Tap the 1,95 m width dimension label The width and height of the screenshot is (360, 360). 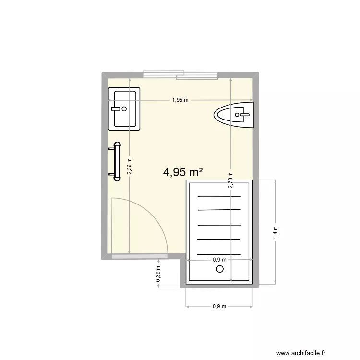tap(180, 100)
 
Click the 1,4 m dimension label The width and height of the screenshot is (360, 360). tap(275, 232)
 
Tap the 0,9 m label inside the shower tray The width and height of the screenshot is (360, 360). tap(219, 260)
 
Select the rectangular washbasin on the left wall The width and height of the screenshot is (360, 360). tap(124, 109)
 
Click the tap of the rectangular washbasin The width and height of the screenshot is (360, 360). tap(115, 109)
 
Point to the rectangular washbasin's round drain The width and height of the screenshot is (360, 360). tap(124, 109)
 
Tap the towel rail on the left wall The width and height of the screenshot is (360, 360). tap(116, 161)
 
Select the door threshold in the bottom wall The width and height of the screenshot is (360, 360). tap(139, 257)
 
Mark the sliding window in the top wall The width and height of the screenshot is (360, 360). tap(181, 75)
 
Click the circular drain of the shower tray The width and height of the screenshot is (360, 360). tap(220, 269)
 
